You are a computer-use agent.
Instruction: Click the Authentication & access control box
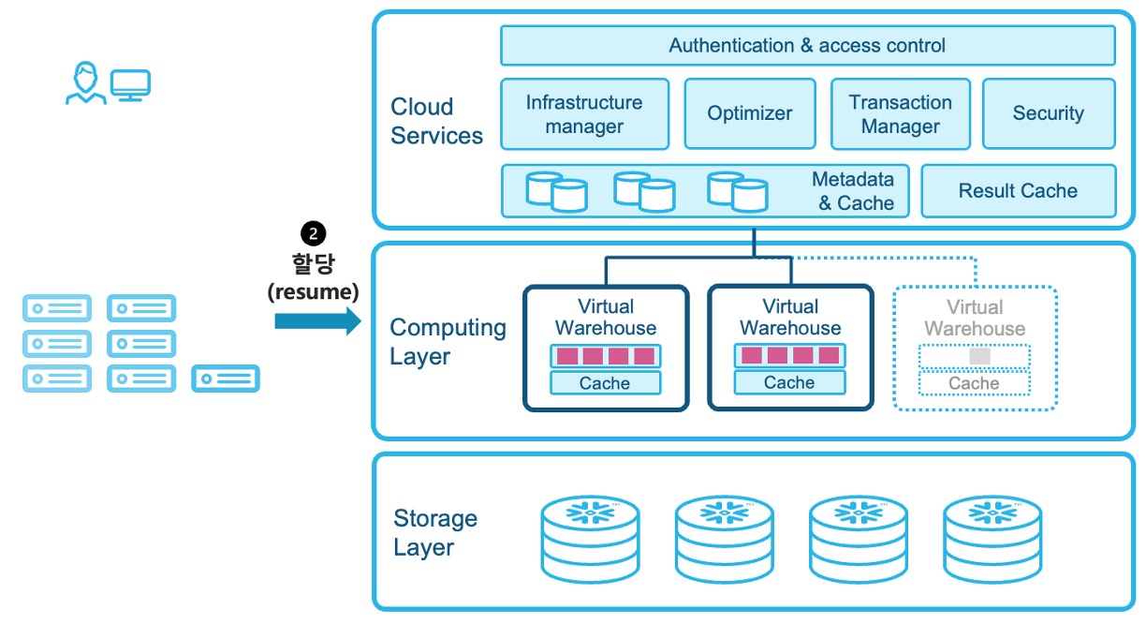[x=807, y=45]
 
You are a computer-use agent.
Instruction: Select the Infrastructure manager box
[x=584, y=114]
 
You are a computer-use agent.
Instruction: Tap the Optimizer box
[x=750, y=114]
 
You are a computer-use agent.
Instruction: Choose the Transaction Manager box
[x=900, y=114]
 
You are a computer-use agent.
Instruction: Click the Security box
[x=1048, y=114]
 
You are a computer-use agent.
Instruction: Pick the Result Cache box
[x=1018, y=191]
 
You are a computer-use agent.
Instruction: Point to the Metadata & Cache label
[x=853, y=191]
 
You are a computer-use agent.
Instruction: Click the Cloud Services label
[x=436, y=121]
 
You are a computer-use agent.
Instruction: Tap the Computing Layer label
[x=448, y=342]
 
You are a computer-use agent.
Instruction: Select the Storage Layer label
[x=435, y=533]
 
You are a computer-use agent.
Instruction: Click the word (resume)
[x=313, y=291]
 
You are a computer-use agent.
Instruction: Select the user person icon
[x=85, y=83]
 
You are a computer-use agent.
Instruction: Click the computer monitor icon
[x=130, y=84]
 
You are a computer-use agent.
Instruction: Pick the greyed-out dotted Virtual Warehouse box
[x=975, y=348]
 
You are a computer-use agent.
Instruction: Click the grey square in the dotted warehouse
[x=979, y=356]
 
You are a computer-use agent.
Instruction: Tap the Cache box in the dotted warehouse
[x=974, y=383]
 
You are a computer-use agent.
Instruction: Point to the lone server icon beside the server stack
[x=226, y=379]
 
